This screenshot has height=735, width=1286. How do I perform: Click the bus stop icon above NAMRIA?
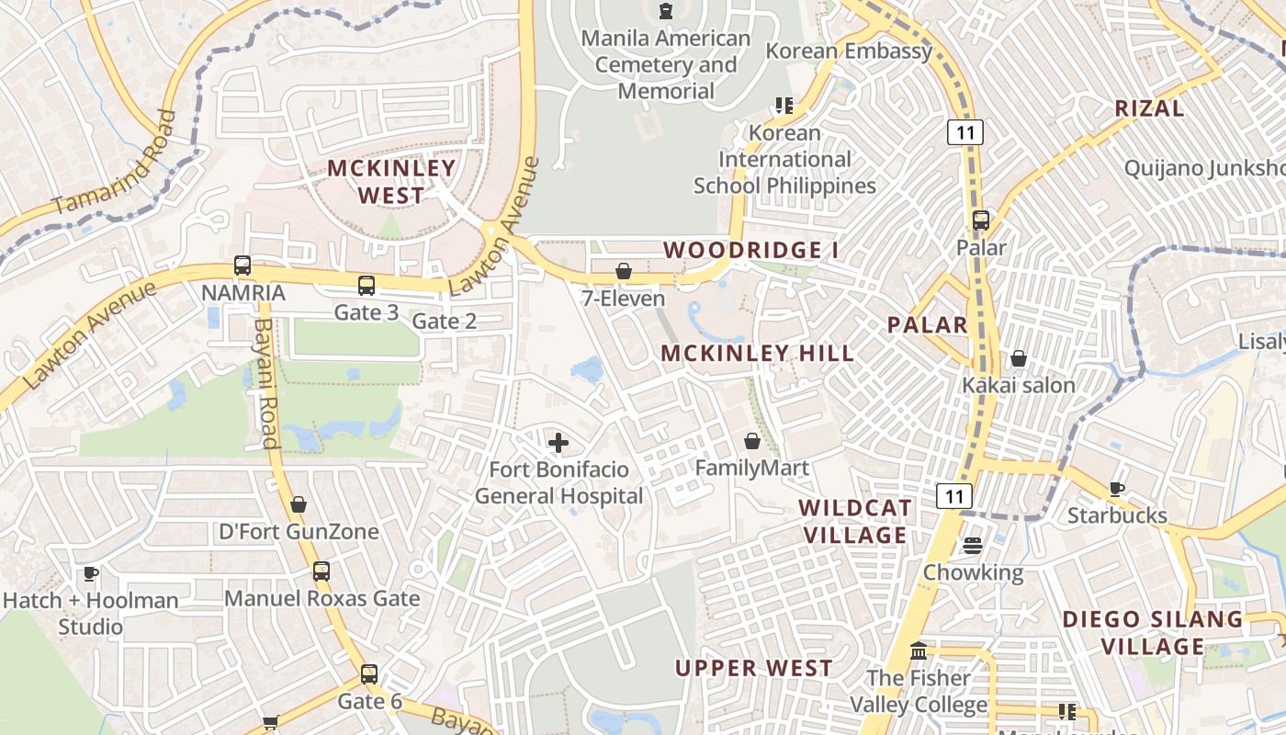(x=243, y=266)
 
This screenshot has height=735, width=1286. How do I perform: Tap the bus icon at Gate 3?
(x=367, y=285)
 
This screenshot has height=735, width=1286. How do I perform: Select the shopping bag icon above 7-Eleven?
(x=624, y=271)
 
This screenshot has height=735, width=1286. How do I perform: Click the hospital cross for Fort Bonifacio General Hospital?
(x=558, y=443)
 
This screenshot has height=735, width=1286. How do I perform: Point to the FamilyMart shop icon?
(x=752, y=441)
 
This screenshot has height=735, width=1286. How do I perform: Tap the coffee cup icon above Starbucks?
(x=1117, y=489)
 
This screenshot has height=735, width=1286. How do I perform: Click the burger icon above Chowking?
(x=973, y=546)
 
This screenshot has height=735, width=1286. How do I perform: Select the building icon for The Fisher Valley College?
(x=919, y=651)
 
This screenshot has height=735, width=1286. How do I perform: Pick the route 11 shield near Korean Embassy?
(x=965, y=132)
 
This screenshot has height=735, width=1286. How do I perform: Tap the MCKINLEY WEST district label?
(x=391, y=181)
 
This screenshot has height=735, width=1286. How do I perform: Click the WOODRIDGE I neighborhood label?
(x=750, y=250)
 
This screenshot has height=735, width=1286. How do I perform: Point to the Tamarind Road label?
(x=113, y=163)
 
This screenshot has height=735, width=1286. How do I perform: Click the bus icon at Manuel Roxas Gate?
(x=321, y=571)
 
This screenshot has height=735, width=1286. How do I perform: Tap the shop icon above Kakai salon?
(x=1019, y=358)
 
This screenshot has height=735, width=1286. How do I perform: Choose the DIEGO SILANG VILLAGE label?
(x=1153, y=632)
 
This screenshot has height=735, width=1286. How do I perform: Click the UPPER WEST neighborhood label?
(x=754, y=668)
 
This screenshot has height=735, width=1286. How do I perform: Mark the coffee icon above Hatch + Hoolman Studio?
(x=91, y=573)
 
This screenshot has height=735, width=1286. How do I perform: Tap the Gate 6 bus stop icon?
(x=369, y=674)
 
